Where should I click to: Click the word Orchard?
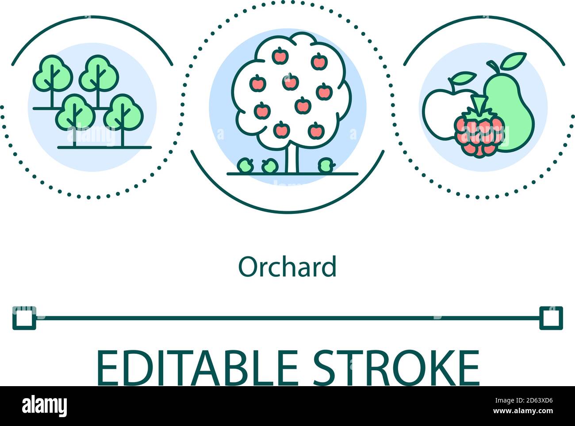click(287, 267)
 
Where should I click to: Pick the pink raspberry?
click(479, 133)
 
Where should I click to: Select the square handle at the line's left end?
click(24, 318)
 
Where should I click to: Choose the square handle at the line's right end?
click(551, 318)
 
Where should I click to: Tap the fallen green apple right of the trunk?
click(326, 166)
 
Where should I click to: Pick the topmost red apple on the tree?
click(280, 56)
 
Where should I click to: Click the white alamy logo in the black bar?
click(44, 406)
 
